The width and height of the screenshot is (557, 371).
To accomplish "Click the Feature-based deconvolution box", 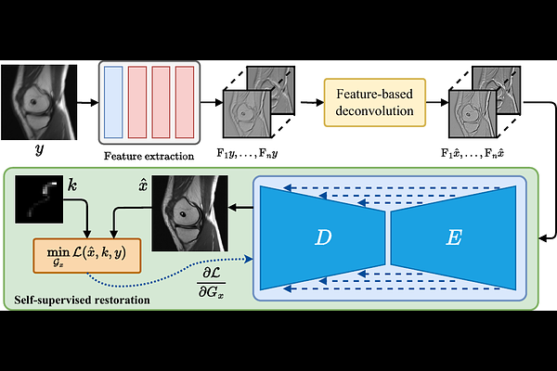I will [x=374, y=101].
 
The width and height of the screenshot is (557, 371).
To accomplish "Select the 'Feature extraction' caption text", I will [x=149, y=156].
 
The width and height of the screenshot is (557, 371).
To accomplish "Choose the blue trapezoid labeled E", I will [x=452, y=237].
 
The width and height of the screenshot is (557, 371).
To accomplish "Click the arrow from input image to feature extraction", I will [x=84, y=101].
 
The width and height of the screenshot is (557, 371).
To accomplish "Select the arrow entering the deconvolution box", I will [x=305, y=101].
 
